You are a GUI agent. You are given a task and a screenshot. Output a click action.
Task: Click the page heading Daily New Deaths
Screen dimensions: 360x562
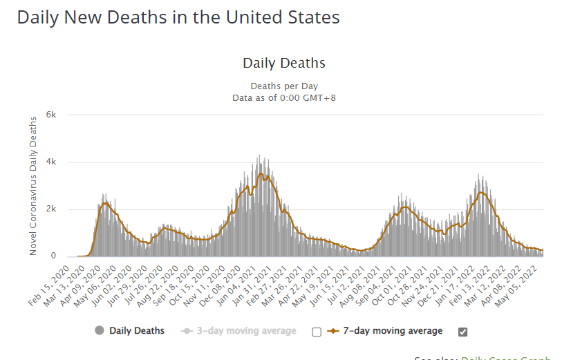click(x=178, y=17)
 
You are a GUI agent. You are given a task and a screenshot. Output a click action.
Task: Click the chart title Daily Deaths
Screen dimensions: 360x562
click(x=283, y=64)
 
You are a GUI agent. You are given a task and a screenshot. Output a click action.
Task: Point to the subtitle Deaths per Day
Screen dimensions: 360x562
click(x=283, y=86)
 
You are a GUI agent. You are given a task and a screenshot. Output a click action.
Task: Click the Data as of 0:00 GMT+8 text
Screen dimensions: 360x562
click(x=283, y=97)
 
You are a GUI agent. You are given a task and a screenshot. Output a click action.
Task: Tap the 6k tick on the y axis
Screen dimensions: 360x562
click(x=51, y=115)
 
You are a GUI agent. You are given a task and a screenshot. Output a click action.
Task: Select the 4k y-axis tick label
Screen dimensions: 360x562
click(x=51, y=162)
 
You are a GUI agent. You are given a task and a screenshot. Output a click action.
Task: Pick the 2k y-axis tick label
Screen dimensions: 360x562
click(x=51, y=209)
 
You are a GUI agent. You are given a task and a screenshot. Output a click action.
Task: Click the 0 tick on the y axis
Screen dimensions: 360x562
click(x=53, y=256)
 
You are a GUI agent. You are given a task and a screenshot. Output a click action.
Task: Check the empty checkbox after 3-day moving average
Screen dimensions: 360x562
click(x=317, y=332)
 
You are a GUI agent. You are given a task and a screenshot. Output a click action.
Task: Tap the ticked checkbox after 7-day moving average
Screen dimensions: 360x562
click(x=463, y=332)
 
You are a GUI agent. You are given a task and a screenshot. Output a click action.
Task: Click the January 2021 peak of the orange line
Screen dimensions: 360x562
click(x=260, y=173)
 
